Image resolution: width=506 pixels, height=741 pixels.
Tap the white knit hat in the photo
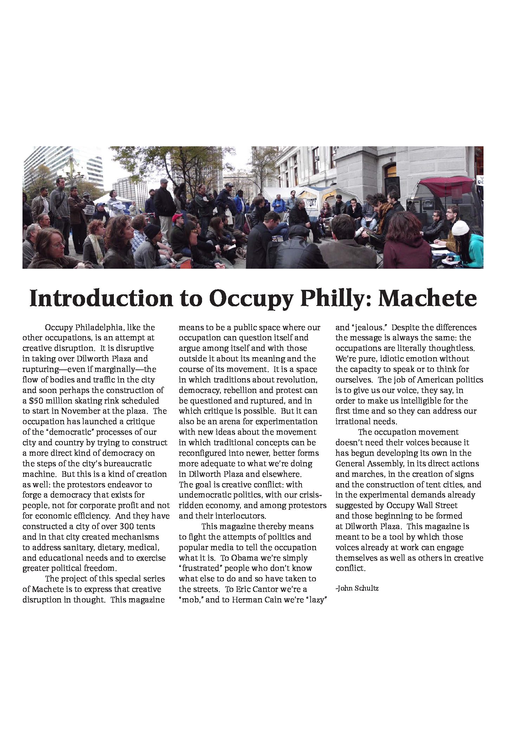click(x=460, y=228)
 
